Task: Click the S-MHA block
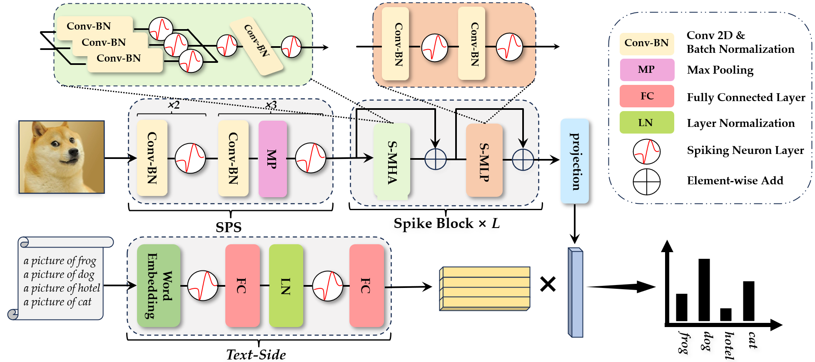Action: pos(391,161)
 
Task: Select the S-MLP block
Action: pos(484,160)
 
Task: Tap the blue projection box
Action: pos(574,161)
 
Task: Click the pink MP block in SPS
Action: pos(272,159)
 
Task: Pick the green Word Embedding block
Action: pos(159,285)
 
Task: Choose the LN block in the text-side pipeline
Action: pos(286,285)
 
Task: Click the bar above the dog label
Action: pos(704,290)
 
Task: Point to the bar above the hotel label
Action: pos(726,315)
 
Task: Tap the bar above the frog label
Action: pos(681,307)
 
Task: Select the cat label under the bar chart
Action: pos(752,340)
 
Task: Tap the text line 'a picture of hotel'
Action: pos(62,288)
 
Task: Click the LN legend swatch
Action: pos(646,122)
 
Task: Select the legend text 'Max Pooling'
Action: pos(720,70)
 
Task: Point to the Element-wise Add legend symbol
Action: pos(646,182)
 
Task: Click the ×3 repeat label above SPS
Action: pos(271,105)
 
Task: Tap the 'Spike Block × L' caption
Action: pos(446,224)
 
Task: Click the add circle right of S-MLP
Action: pos(523,160)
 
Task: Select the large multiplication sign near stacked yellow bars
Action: pos(548,285)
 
